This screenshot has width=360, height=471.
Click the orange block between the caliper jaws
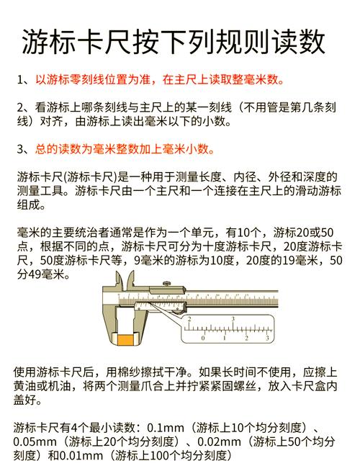click(125, 340)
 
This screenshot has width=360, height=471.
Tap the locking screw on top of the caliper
click(167, 284)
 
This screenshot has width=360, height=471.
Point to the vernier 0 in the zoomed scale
click(203, 338)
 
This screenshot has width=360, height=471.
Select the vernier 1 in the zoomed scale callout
click(225, 338)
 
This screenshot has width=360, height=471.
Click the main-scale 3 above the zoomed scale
click(233, 319)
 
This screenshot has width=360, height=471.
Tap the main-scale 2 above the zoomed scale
click(189, 319)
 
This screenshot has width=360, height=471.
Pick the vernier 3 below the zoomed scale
click(267, 338)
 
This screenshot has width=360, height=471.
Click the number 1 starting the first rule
click(20, 80)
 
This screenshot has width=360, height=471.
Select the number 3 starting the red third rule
click(20, 149)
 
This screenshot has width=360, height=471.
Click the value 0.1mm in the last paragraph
click(166, 428)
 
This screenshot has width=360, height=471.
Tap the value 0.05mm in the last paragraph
click(35, 441)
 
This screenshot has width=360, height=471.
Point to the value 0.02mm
click(219, 441)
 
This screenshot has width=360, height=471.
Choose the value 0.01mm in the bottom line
click(81, 456)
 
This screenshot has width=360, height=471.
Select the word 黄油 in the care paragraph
click(24, 386)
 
